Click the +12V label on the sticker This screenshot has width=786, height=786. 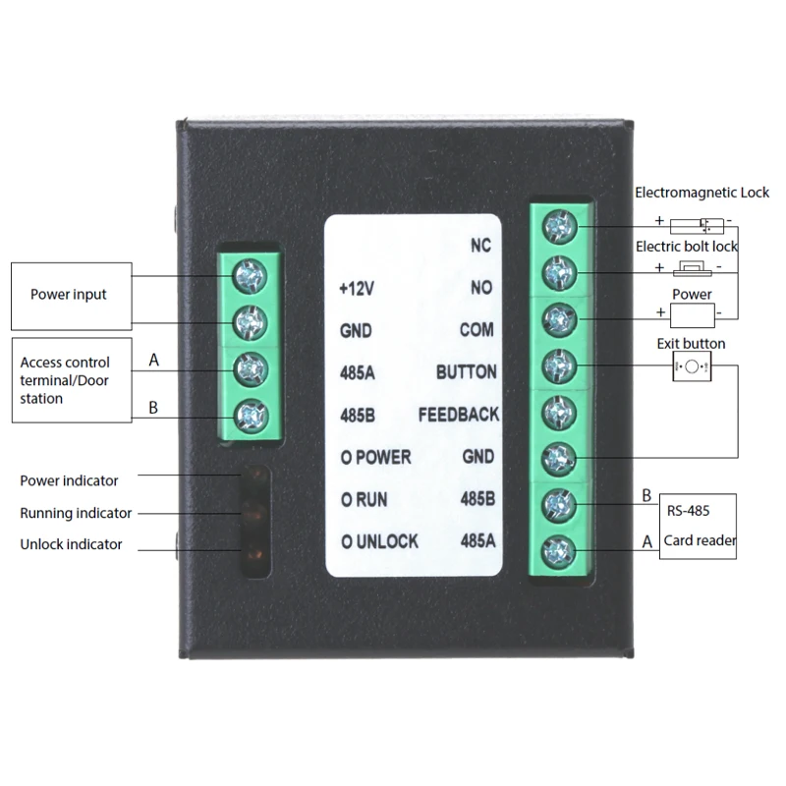pos(357,288)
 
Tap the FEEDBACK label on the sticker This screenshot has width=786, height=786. pos(459,415)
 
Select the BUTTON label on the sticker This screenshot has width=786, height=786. pos(466,372)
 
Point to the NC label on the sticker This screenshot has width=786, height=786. pos(480,245)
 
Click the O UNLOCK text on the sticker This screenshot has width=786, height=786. pos(379,541)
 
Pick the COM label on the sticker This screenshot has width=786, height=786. pos(477,330)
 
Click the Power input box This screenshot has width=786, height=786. pos(72,297)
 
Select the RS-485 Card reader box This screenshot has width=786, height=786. pos(698,527)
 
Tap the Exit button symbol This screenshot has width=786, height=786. pos(692,366)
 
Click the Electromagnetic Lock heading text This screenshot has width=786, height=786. pos(702,193)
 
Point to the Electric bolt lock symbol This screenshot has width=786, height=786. pos(693,268)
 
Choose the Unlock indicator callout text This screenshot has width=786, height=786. pos(71,544)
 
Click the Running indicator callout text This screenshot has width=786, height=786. pos(76,513)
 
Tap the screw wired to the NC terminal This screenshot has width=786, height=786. pos(560,227)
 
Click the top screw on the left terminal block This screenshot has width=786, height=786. pos(251,276)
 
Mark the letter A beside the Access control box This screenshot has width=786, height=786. pos(154,360)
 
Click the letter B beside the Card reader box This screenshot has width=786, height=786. pos(646,496)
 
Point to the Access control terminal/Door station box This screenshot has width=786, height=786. pos(72,380)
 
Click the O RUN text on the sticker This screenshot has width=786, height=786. pos(364,500)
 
